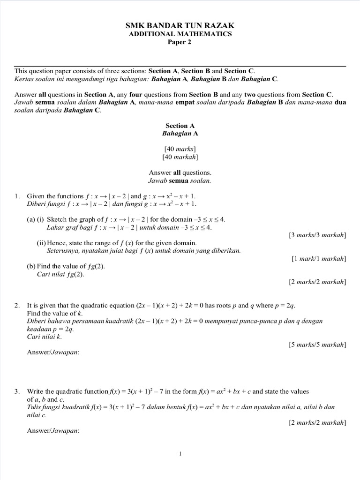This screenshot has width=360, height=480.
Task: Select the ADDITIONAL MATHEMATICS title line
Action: point(180,34)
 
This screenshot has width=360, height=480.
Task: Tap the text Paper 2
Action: point(180,42)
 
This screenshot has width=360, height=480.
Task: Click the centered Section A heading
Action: point(180,126)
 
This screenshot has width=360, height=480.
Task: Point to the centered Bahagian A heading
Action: point(180,133)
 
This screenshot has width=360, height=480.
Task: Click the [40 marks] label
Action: point(180,149)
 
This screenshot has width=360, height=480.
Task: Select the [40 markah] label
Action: point(180,157)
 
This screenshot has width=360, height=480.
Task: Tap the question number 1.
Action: point(17,196)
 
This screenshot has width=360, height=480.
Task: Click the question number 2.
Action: point(17,306)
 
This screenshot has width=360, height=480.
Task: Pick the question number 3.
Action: point(17,391)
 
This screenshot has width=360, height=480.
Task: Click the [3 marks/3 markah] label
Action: point(317,235)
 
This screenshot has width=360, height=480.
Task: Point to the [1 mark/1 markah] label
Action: point(319,258)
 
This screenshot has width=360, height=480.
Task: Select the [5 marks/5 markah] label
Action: point(317,345)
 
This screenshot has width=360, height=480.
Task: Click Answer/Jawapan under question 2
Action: point(53,352)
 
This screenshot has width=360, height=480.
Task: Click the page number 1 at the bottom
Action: point(180,453)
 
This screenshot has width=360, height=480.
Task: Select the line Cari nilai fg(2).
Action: point(60,274)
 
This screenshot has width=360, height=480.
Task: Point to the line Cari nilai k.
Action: point(45,337)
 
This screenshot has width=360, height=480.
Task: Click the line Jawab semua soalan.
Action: point(180,180)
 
